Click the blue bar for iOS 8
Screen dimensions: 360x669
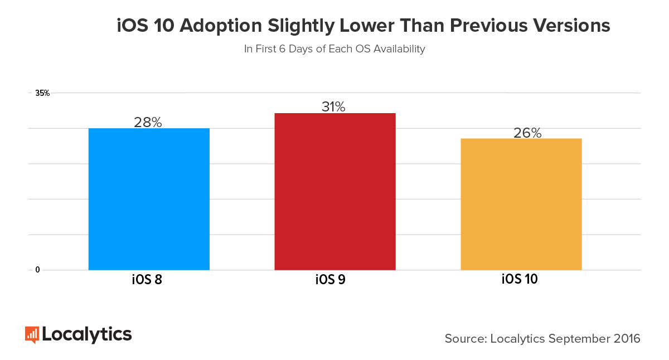click(x=149, y=199)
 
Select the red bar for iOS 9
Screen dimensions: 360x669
click(x=334, y=192)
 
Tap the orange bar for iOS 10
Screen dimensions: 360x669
click(x=521, y=204)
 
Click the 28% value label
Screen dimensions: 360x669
click(x=148, y=123)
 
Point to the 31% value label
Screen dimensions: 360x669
click(x=333, y=107)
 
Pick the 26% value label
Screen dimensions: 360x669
click(x=527, y=133)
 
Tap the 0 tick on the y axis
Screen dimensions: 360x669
click(x=38, y=270)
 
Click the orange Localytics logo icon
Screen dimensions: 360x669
click(x=32, y=334)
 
